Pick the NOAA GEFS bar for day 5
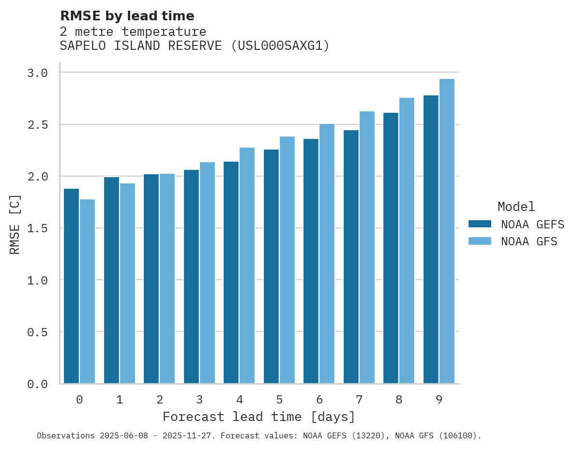(271, 267)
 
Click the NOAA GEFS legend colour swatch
(480, 224)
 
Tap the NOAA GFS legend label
(529, 241)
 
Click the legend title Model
(516, 207)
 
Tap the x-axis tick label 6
(319, 400)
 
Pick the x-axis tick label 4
(240, 400)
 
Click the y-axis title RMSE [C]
(15, 224)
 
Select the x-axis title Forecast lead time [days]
(259, 417)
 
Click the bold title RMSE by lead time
(127, 16)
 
